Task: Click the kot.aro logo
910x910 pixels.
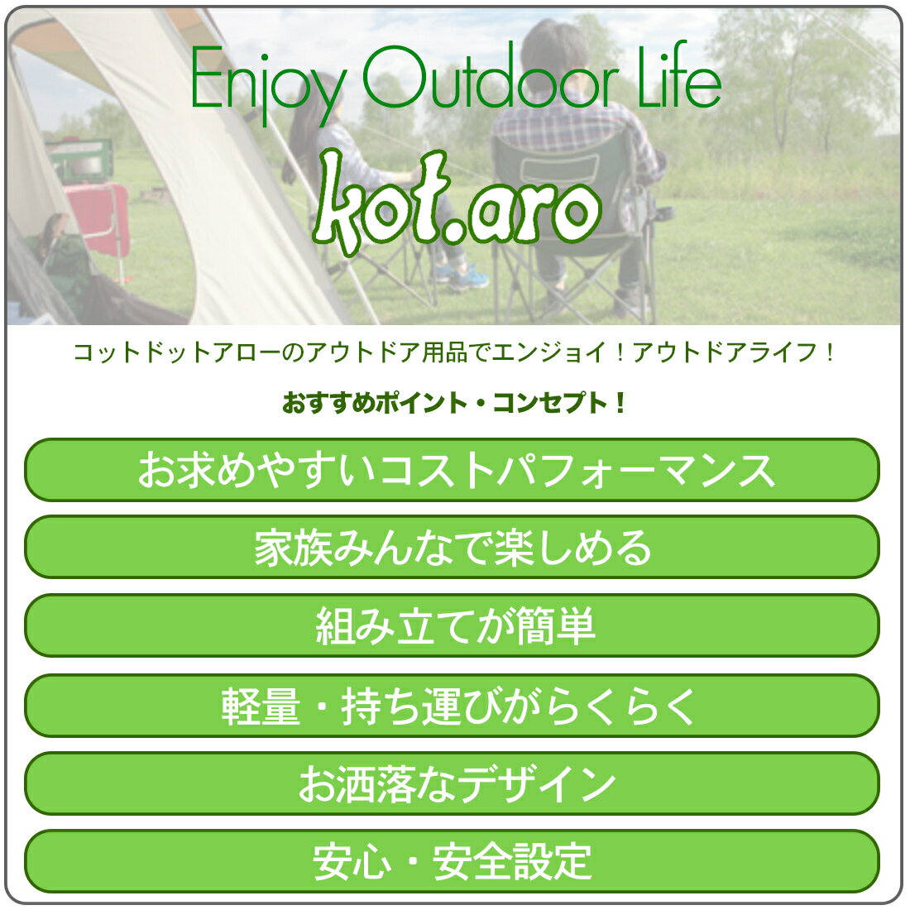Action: [x=457, y=200]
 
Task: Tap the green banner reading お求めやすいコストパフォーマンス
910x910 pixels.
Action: [x=452, y=470]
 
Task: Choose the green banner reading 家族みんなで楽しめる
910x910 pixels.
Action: [x=452, y=547]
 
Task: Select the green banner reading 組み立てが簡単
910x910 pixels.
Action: [x=452, y=625]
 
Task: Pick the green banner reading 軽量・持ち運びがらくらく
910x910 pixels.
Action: [x=452, y=705]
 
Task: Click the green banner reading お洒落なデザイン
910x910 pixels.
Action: [x=452, y=783]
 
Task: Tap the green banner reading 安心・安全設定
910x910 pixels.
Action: [x=452, y=860]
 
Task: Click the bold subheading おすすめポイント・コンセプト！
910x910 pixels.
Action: [x=454, y=403]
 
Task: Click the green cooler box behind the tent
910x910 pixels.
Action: [x=80, y=160]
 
